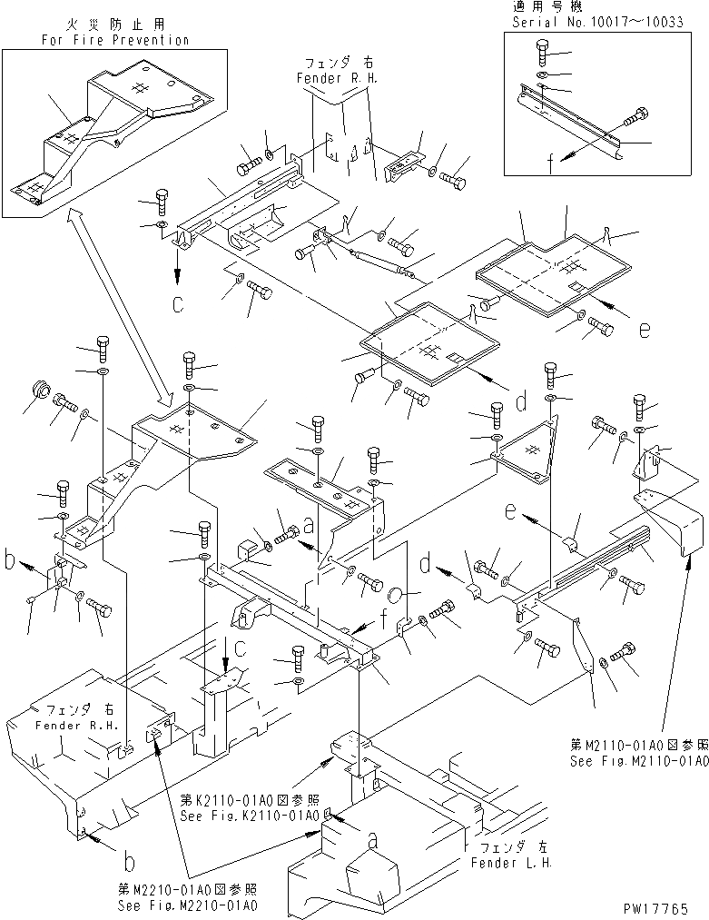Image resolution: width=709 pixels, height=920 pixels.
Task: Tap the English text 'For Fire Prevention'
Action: [x=115, y=40]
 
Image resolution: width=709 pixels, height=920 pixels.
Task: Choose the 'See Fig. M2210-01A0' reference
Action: [x=188, y=906]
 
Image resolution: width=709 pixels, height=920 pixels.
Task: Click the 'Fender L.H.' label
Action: [x=510, y=861]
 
